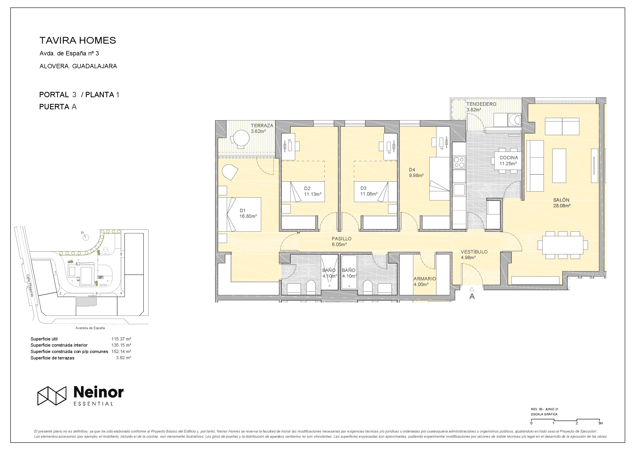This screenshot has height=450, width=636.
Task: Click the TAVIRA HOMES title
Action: point(78,41)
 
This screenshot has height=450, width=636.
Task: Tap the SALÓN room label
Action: point(561,200)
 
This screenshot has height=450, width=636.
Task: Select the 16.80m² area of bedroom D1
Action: point(248,216)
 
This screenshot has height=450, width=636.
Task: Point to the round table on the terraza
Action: point(241,138)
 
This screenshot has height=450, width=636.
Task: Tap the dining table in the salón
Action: point(563,245)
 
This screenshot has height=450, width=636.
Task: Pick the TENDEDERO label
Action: point(481,104)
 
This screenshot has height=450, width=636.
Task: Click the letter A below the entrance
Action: point(472,297)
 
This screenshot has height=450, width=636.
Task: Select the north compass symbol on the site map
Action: point(86,237)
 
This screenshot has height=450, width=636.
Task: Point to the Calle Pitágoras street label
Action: point(30,286)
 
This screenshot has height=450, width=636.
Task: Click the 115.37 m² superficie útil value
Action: point(121,339)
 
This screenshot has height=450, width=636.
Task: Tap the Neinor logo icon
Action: point(52,396)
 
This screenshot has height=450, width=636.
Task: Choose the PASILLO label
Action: point(341,239)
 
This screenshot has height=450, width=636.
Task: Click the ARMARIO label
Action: point(425,279)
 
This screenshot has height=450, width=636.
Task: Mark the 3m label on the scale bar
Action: point(600,423)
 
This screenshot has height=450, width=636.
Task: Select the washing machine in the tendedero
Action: point(515,120)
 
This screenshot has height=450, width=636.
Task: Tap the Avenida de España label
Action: point(90,328)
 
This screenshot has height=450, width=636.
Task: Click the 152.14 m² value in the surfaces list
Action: point(121,351)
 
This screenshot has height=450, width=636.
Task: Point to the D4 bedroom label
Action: point(412,170)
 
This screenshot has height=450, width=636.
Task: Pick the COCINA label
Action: point(509,158)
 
